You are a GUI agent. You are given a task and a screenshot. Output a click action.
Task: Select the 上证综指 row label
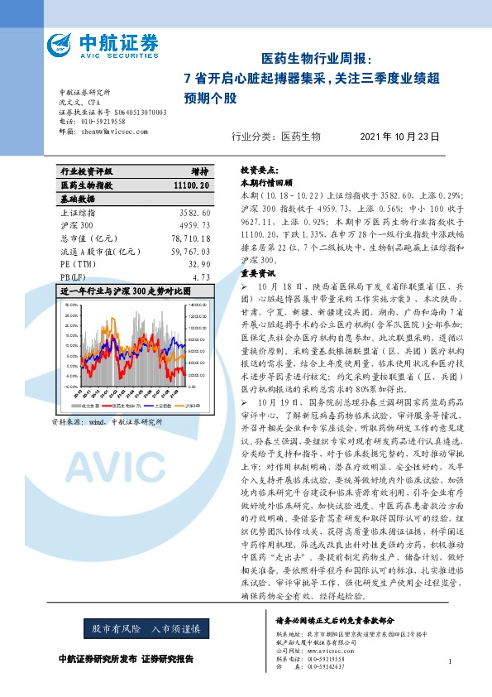pyautogui.click(x=79, y=213)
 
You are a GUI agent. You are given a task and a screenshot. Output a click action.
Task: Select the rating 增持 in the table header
pyautogui.click(x=198, y=172)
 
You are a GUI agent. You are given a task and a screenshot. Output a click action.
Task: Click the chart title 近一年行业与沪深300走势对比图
pyautogui.click(x=125, y=291)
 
